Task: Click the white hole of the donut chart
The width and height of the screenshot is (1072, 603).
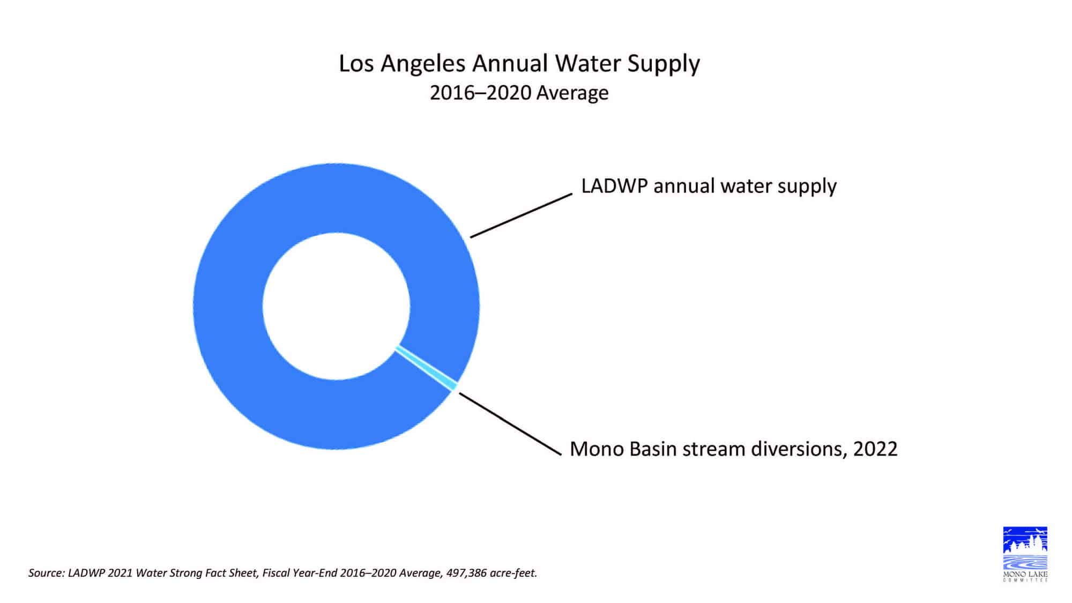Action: coord(336,306)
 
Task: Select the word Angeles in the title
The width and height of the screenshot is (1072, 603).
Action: coord(423,64)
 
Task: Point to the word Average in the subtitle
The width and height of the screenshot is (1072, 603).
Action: coord(572,93)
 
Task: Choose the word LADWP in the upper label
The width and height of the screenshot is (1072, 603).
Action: coord(614,186)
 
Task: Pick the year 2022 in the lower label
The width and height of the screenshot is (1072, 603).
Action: coord(875,449)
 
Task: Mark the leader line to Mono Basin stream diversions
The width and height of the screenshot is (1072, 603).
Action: coord(510,423)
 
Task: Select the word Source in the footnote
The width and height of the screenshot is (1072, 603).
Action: coord(46,573)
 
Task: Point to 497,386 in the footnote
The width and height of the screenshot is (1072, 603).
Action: coord(466,573)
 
